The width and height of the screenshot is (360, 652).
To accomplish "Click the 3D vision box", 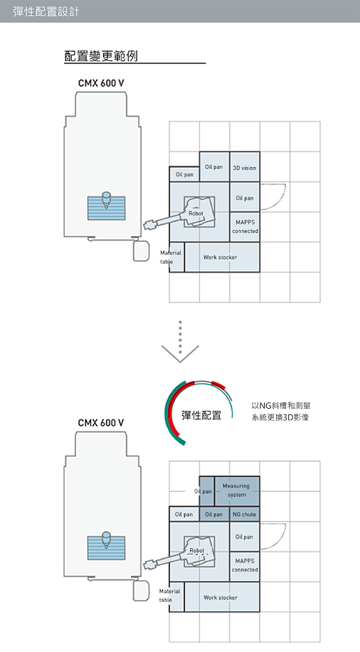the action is click(245, 167).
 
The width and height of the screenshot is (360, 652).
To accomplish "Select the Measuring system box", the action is click(237, 491).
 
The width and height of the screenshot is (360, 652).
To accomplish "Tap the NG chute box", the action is click(245, 514).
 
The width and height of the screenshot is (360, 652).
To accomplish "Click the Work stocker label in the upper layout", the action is click(220, 258).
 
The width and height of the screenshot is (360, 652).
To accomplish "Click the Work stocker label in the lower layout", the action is click(220, 597).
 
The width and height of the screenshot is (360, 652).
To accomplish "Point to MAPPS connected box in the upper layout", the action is click(245, 227).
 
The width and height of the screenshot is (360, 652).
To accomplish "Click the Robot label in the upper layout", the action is click(196, 213).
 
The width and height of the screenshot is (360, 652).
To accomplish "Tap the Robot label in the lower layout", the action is click(197, 551).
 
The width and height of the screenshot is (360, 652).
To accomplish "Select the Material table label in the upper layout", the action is click(170, 257).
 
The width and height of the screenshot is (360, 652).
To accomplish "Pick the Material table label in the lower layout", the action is click(169, 595).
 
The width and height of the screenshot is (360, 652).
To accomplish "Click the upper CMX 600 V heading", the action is click(101, 84).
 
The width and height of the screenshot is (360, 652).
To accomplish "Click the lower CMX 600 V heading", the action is click(101, 423).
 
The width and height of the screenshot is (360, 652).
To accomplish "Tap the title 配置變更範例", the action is click(101, 56).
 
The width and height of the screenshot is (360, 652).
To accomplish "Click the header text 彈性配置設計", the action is click(46, 11).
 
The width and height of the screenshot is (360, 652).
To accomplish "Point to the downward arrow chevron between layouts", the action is click(180, 353).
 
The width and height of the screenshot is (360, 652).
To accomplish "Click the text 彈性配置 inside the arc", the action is click(201, 415).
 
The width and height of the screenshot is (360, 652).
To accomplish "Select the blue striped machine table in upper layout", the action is click(106, 208).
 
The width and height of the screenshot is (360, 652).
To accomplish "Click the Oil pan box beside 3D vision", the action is click(214, 167).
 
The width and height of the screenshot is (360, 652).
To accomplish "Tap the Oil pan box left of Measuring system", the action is click(207, 491).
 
